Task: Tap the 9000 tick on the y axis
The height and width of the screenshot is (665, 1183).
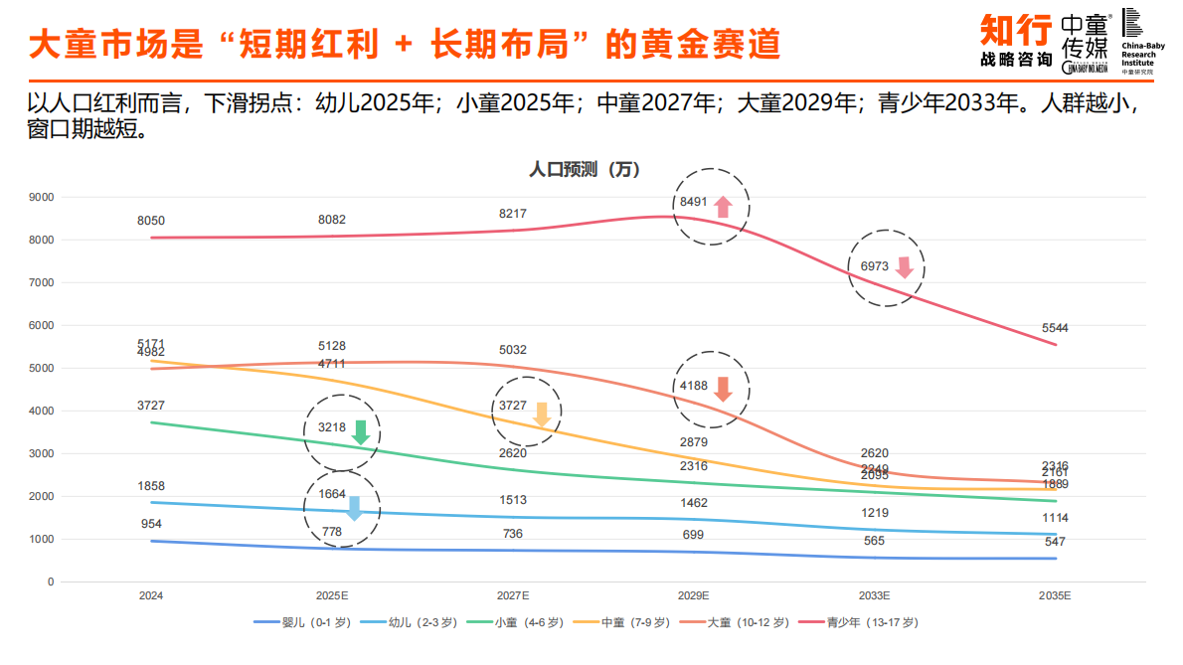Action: point(42,198)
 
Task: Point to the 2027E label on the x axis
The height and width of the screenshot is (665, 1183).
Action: point(513,595)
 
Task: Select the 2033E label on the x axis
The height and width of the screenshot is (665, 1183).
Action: point(874,595)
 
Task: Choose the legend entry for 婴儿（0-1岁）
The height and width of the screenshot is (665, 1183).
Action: point(304,622)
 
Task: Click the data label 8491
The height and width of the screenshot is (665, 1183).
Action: point(693,202)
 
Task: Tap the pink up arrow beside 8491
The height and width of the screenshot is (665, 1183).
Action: point(723,207)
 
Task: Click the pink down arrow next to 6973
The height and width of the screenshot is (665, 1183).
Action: point(904,267)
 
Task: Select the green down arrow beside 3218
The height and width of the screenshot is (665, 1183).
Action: point(361,432)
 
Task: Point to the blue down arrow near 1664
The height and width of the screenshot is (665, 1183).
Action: point(354,509)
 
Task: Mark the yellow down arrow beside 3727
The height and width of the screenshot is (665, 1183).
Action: point(542,416)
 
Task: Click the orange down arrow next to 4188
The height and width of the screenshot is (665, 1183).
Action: point(723,389)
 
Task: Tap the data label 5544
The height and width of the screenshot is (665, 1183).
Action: point(1055,328)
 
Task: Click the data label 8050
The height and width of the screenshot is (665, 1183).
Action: point(151,221)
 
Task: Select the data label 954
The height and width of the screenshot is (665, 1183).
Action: point(151,524)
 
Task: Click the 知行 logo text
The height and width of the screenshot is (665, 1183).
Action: point(1015,31)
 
